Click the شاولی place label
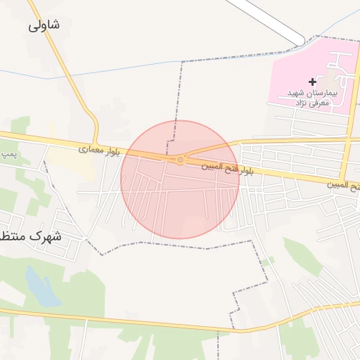(44, 25)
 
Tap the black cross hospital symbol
(313, 82)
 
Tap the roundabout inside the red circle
(181, 160)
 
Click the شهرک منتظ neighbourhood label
(31, 236)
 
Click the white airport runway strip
(267, 18)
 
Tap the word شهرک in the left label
(46, 236)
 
